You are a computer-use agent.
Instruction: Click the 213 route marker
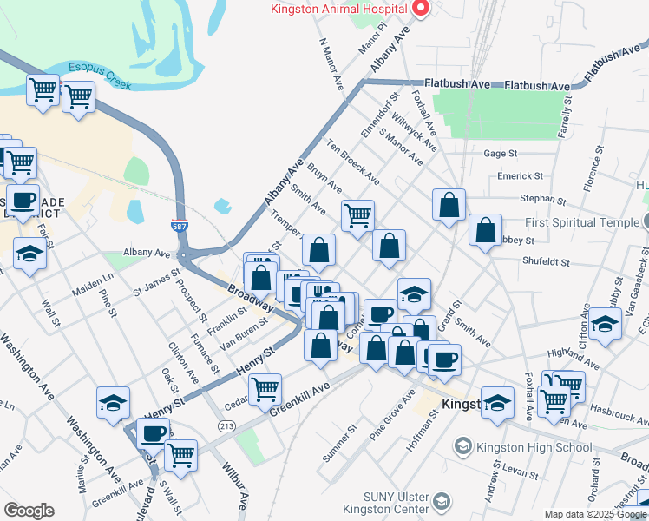pyautogui.click(x=227, y=425)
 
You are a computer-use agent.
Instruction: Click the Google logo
pyautogui.click(x=29, y=511)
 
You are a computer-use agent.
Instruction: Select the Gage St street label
pyautogui.click(x=501, y=153)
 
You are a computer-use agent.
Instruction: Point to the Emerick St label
pyautogui.click(x=520, y=175)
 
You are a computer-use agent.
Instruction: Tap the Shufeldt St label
pyautogui.click(x=546, y=260)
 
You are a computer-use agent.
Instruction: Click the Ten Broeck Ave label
pyautogui.click(x=353, y=162)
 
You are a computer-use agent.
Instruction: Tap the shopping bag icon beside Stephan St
pyautogui.click(x=449, y=208)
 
